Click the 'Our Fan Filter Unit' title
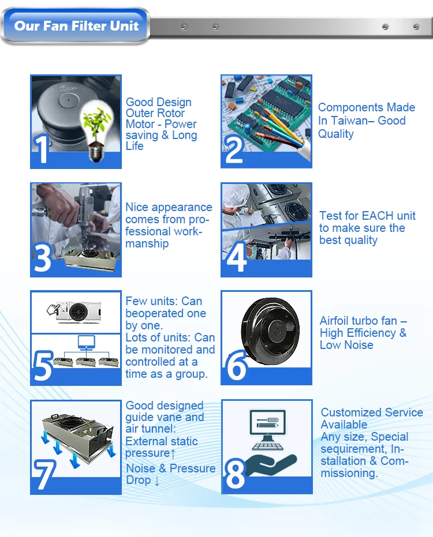pos(76,26)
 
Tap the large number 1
pos(43,148)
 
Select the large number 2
pos(234,148)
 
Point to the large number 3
pos(43,258)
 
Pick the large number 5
pos(43,366)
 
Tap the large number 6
pos(236,366)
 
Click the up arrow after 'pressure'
pos(173,453)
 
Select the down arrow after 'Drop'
pos(156,480)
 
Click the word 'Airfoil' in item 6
pos(337,321)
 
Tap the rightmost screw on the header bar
pos(416,27)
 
